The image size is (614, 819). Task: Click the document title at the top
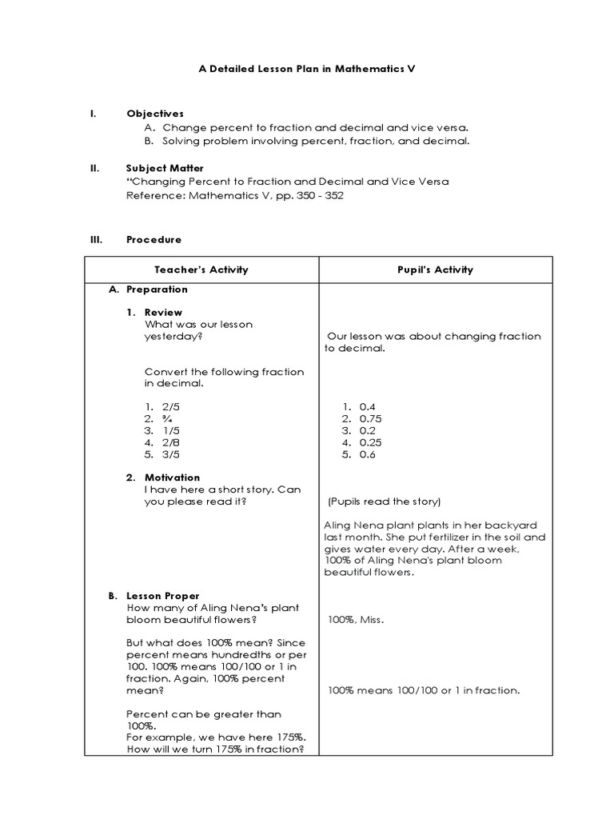coord(307,70)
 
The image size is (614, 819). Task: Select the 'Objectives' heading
coord(155,114)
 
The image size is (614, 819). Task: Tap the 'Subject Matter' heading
coord(165,168)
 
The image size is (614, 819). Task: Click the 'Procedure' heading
coord(153,239)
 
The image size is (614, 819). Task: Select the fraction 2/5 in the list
coord(169,406)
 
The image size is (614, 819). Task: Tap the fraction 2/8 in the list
coord(169,442)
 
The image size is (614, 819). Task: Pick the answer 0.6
coord(367,454)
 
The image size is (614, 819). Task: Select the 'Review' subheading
coord(163,312)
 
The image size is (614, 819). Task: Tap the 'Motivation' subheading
coord(172,477)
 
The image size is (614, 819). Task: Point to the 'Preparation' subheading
coord(157,289)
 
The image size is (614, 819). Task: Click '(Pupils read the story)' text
coord(384,501)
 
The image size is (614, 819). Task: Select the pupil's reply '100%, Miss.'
coord(356,619)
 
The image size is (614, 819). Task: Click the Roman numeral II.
coord(94,168)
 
